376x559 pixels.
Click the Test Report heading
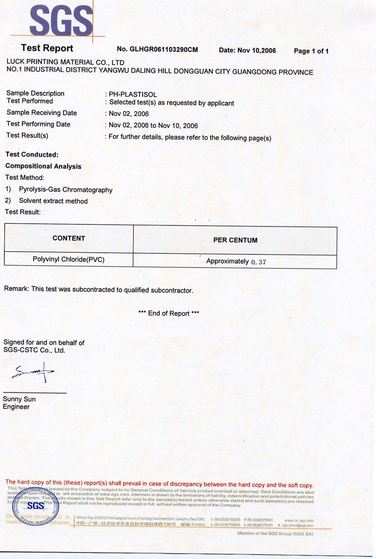coord(47,48)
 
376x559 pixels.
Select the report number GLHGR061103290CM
coord(157,50)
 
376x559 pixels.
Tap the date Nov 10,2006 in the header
coord(247,50)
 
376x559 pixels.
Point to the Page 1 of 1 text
coord(311,51)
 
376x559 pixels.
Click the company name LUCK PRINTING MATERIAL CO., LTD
coord(65,62)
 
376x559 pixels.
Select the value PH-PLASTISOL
coord(133,94)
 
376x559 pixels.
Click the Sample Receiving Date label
coord(41,112)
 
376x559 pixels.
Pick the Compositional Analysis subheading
coord(43,166)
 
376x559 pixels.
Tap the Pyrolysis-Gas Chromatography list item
coord(65,190)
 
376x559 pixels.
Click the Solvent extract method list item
coord(53,201)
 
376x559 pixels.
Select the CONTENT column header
coord(69,238)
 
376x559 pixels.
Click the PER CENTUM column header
coord(235,240)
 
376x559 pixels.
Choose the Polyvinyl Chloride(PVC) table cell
coord(69,259)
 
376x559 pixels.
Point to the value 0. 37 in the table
coord(259,262)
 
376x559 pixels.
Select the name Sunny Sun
coord(19,399)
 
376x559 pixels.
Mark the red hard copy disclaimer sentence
coord(159,485)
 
